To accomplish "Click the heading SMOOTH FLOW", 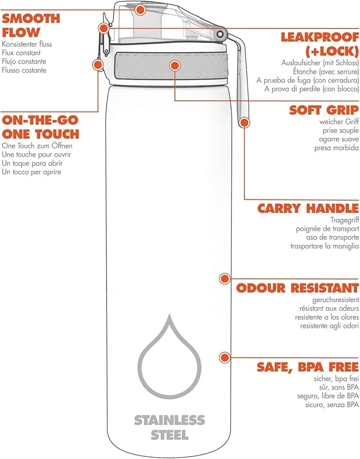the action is pyautogui.click(x=31, y=25).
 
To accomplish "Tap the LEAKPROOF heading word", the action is pyautogui.click(x=320, y=37).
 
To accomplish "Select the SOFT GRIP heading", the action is pyautogui.click(x=324, y=110).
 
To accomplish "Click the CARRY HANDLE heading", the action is pyautogui.click(x=308, y=209).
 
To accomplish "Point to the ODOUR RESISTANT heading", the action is pyautogui.click(x=297, y=288).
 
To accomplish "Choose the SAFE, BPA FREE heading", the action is pyautogui.click(x=308, y=367).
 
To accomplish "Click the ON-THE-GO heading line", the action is pyautogui.click(x=40, y=120).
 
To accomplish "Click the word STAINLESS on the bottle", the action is pyautogui.click(x=169, y=420).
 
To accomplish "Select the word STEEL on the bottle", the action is pyautogui.click(x=169, y=435).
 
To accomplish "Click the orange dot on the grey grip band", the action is pyautogui.click(x=174, y=66).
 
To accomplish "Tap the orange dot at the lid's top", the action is pyautogui.click(x=141, y=10).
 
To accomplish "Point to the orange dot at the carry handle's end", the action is pyautogui.click(x=244, y=123).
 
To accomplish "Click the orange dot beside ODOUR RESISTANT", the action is pyautogui.click(x=225, y=279).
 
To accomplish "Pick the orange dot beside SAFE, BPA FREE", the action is pyautogui.click(x=225, y=358).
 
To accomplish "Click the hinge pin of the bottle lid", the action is pyautogui.click(x=220, y=34).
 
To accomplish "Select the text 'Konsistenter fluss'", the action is pyautogui.click(x=27, y=44).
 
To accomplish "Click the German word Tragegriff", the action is pyautogui.click(x=345, y=220).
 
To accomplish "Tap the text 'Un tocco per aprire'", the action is pyautogui.click(x=31, y=172).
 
